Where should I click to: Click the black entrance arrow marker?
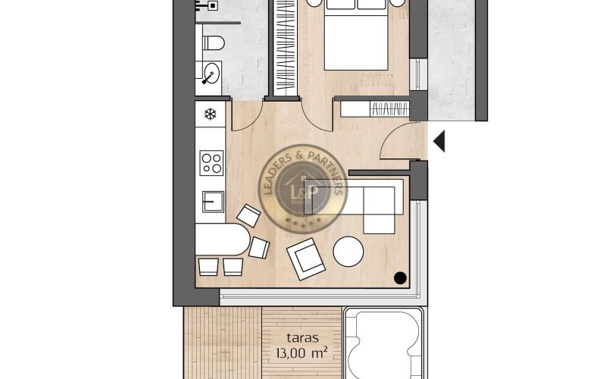click(439, 140)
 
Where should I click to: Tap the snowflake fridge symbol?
click(211, 115)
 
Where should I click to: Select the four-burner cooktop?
click(211, 163)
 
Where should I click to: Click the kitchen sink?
click(213, 202)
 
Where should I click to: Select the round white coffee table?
click(348, 252)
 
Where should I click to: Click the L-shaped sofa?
click(375, 203)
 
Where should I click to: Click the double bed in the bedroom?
click(356, 34)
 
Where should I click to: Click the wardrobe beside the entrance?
click(374, 108)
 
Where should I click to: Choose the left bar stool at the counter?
click(207, 266)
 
